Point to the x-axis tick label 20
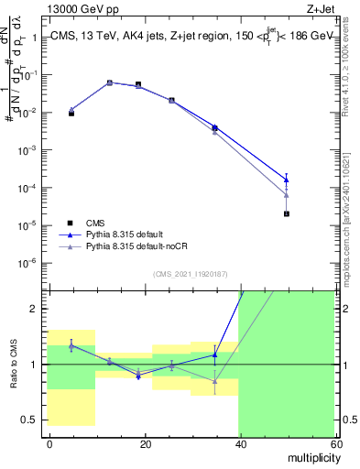pos(144,443)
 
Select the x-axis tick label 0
pos(49,443)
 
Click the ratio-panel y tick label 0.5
pos(28,420)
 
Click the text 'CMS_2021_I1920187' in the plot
pos(190,274)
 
